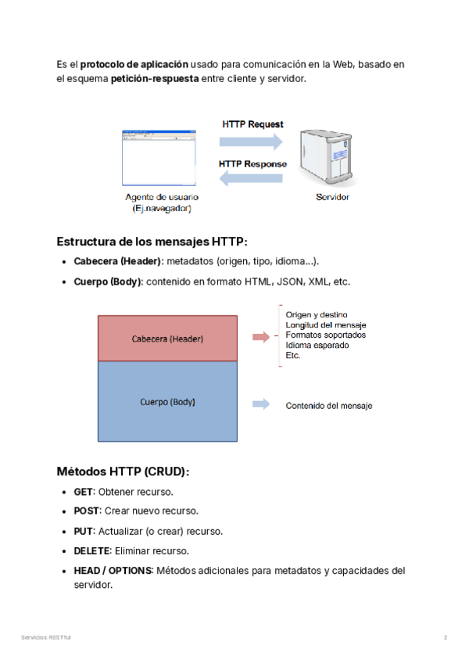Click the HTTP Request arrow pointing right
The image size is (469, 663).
coord(250,141)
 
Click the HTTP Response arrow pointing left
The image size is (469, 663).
coord(250,179)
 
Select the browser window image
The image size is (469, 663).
coord(157,157)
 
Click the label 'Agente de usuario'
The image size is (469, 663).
coord(161,197)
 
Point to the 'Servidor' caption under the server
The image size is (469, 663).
coord(332,197)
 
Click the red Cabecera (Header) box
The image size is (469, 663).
coord(167,338)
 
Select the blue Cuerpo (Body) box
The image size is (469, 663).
coord(167,402)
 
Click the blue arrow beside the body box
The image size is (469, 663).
coord(261,404)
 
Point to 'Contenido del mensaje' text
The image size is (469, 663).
coord(329,406)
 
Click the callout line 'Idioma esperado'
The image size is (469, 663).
coord(317,345)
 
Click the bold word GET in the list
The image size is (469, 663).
coord(83,492)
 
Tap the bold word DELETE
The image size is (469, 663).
coord(91,550)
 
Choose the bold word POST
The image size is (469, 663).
coord(86,511)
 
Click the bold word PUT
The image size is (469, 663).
coord(83,531)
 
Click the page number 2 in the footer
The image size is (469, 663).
coord(446,638)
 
